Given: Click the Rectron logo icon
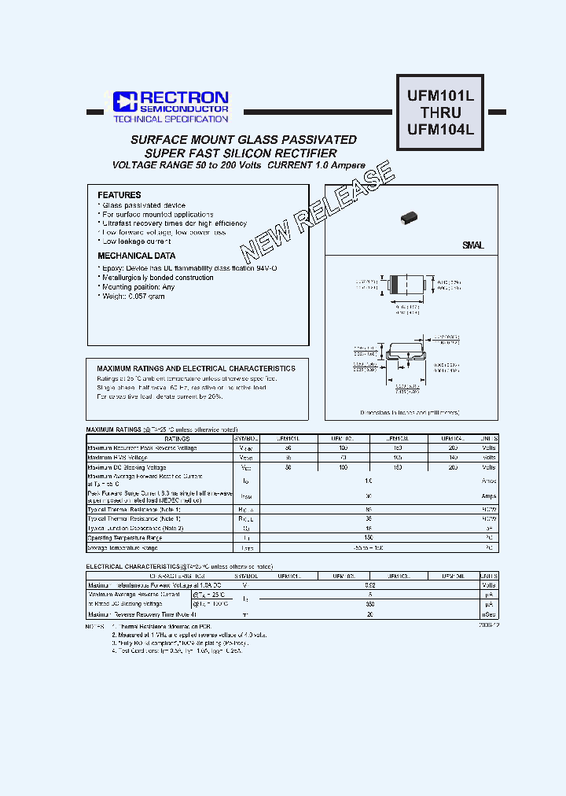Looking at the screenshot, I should pyautogui.click(x=125, y=101).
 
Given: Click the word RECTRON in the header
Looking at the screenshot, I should pyautogui.click(x=184, y=97).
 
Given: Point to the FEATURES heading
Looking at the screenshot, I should pyautogui.click(x=119, y=195).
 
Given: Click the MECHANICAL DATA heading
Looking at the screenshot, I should pyautogui.click(x=137, y=256).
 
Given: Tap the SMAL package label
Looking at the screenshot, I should pyautogui.click(x=473, y=246).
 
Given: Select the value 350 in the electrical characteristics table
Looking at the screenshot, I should pyautogui.click(x=369, y=604).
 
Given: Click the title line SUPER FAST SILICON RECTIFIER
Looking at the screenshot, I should pyautogui.click(x=242, y=153).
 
